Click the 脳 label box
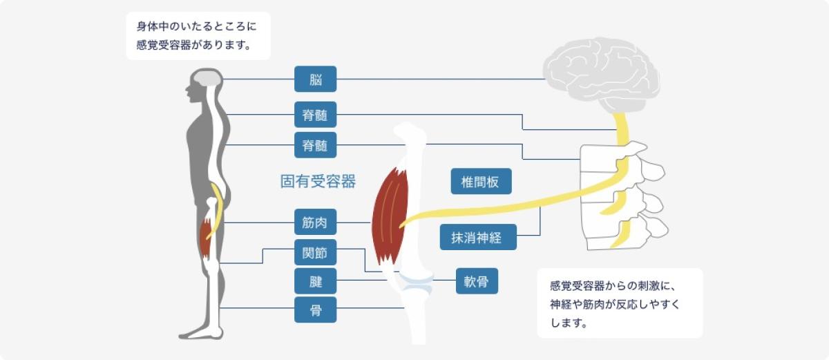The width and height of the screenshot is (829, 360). [x=316, y=79]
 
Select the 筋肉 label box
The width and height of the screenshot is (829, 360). [x=316, y=222]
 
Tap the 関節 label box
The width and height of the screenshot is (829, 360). [x=316, y=253]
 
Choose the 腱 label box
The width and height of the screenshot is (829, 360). [x=316, y=282]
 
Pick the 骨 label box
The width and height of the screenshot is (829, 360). [x=316, y=310]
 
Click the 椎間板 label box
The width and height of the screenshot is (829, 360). [x=481, y=181]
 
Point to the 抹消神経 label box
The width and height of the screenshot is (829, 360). [x=481, y=238]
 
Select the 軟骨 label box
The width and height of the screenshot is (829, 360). [x=477, y=281]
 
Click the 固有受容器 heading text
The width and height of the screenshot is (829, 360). [x=318, y=182]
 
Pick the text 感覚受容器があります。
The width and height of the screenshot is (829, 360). [x=193, y=48]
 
